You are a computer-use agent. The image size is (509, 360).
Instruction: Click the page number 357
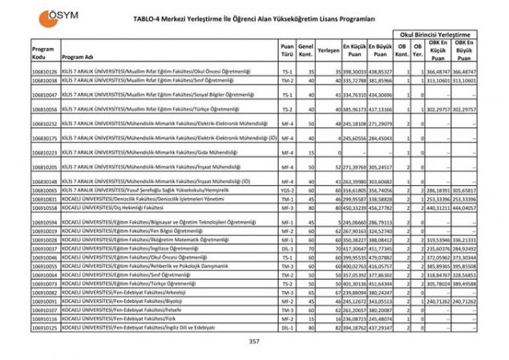(255, 342)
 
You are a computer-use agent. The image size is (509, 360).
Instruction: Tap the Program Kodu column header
(43, 54)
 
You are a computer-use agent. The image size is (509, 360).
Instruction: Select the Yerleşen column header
(329, 51)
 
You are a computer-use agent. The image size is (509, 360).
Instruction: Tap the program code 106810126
(44, 71)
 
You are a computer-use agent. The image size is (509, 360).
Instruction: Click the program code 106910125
(44, 327)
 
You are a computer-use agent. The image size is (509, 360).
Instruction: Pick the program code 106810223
(44, 152)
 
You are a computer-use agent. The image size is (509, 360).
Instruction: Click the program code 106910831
(44, 198)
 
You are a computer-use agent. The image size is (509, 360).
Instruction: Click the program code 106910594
(44, 221)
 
